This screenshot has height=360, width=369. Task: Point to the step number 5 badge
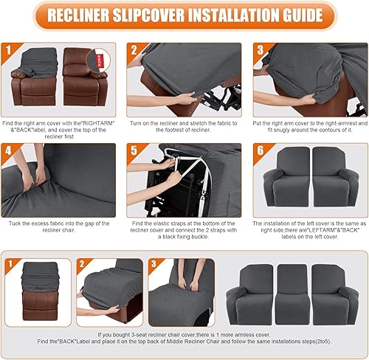(x=134, y=152)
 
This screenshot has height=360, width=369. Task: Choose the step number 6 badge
(x=261, y=152)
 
